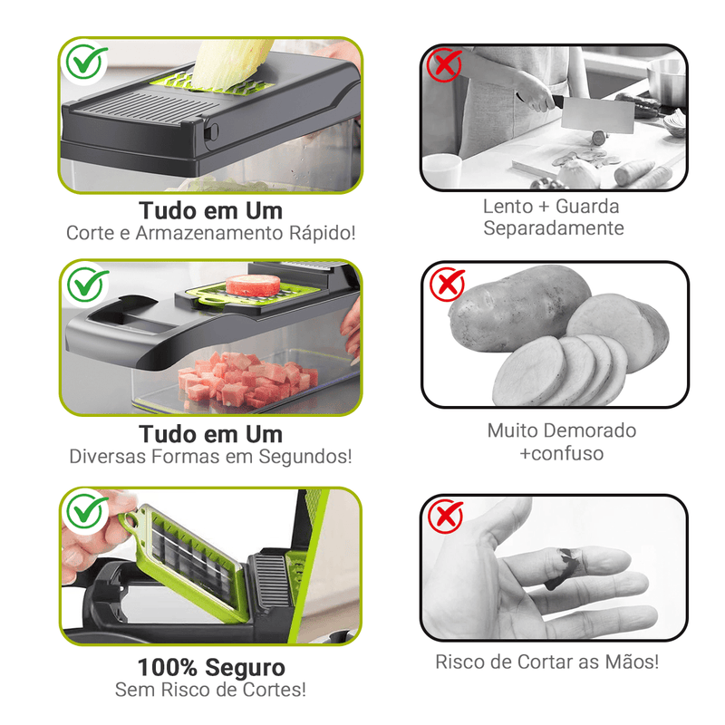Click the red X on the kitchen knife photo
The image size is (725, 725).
444,66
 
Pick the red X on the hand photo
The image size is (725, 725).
445,517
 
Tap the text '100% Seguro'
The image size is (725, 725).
210,668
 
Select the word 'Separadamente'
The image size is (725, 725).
553,228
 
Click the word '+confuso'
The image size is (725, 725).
561,453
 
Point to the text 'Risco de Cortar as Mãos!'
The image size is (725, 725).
547,662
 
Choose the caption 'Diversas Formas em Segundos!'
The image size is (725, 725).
210,456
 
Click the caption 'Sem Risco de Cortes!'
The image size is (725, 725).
210,690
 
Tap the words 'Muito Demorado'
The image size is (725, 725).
561,430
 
